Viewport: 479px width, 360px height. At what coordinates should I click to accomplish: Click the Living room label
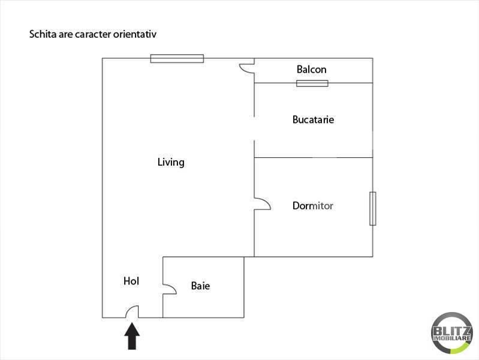coord(171,162)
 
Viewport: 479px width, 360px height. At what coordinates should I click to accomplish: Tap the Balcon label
coord(311,70)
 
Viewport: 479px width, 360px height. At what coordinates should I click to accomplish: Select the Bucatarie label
coord(313,119)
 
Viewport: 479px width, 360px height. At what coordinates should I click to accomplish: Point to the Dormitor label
coord(312,206)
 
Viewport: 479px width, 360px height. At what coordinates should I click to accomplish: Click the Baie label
coord(200,286)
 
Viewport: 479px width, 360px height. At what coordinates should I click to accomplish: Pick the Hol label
coord(131,281)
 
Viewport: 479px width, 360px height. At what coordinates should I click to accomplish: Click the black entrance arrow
coord(132,336)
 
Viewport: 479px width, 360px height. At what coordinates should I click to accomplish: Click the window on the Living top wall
coord(177,58)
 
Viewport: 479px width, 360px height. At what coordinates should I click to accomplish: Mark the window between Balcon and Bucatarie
coord(312,83)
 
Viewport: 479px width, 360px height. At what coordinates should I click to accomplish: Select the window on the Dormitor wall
coord(373,209)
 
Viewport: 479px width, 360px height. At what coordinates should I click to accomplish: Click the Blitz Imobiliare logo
coord(452,333)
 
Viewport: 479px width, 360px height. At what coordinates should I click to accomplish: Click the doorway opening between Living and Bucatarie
coord(254,128)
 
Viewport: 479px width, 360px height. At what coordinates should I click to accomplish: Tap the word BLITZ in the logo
coord(452,331)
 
